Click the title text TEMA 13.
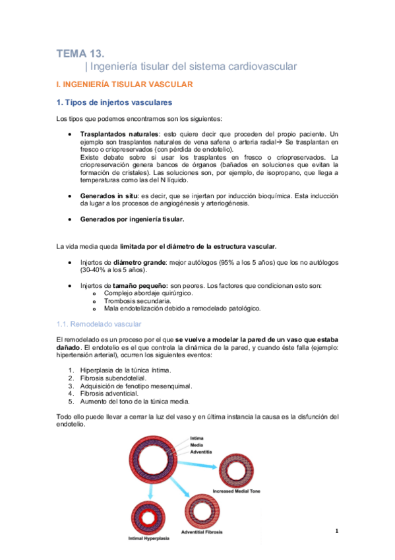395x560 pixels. pyautogui.click(x=80, y=53)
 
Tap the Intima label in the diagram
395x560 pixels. pyautogui.click(x=197, y=438)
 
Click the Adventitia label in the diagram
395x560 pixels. pyautogui.click(x=201, y=452)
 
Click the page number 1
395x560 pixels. pyautogui.click(x=336, y=531)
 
